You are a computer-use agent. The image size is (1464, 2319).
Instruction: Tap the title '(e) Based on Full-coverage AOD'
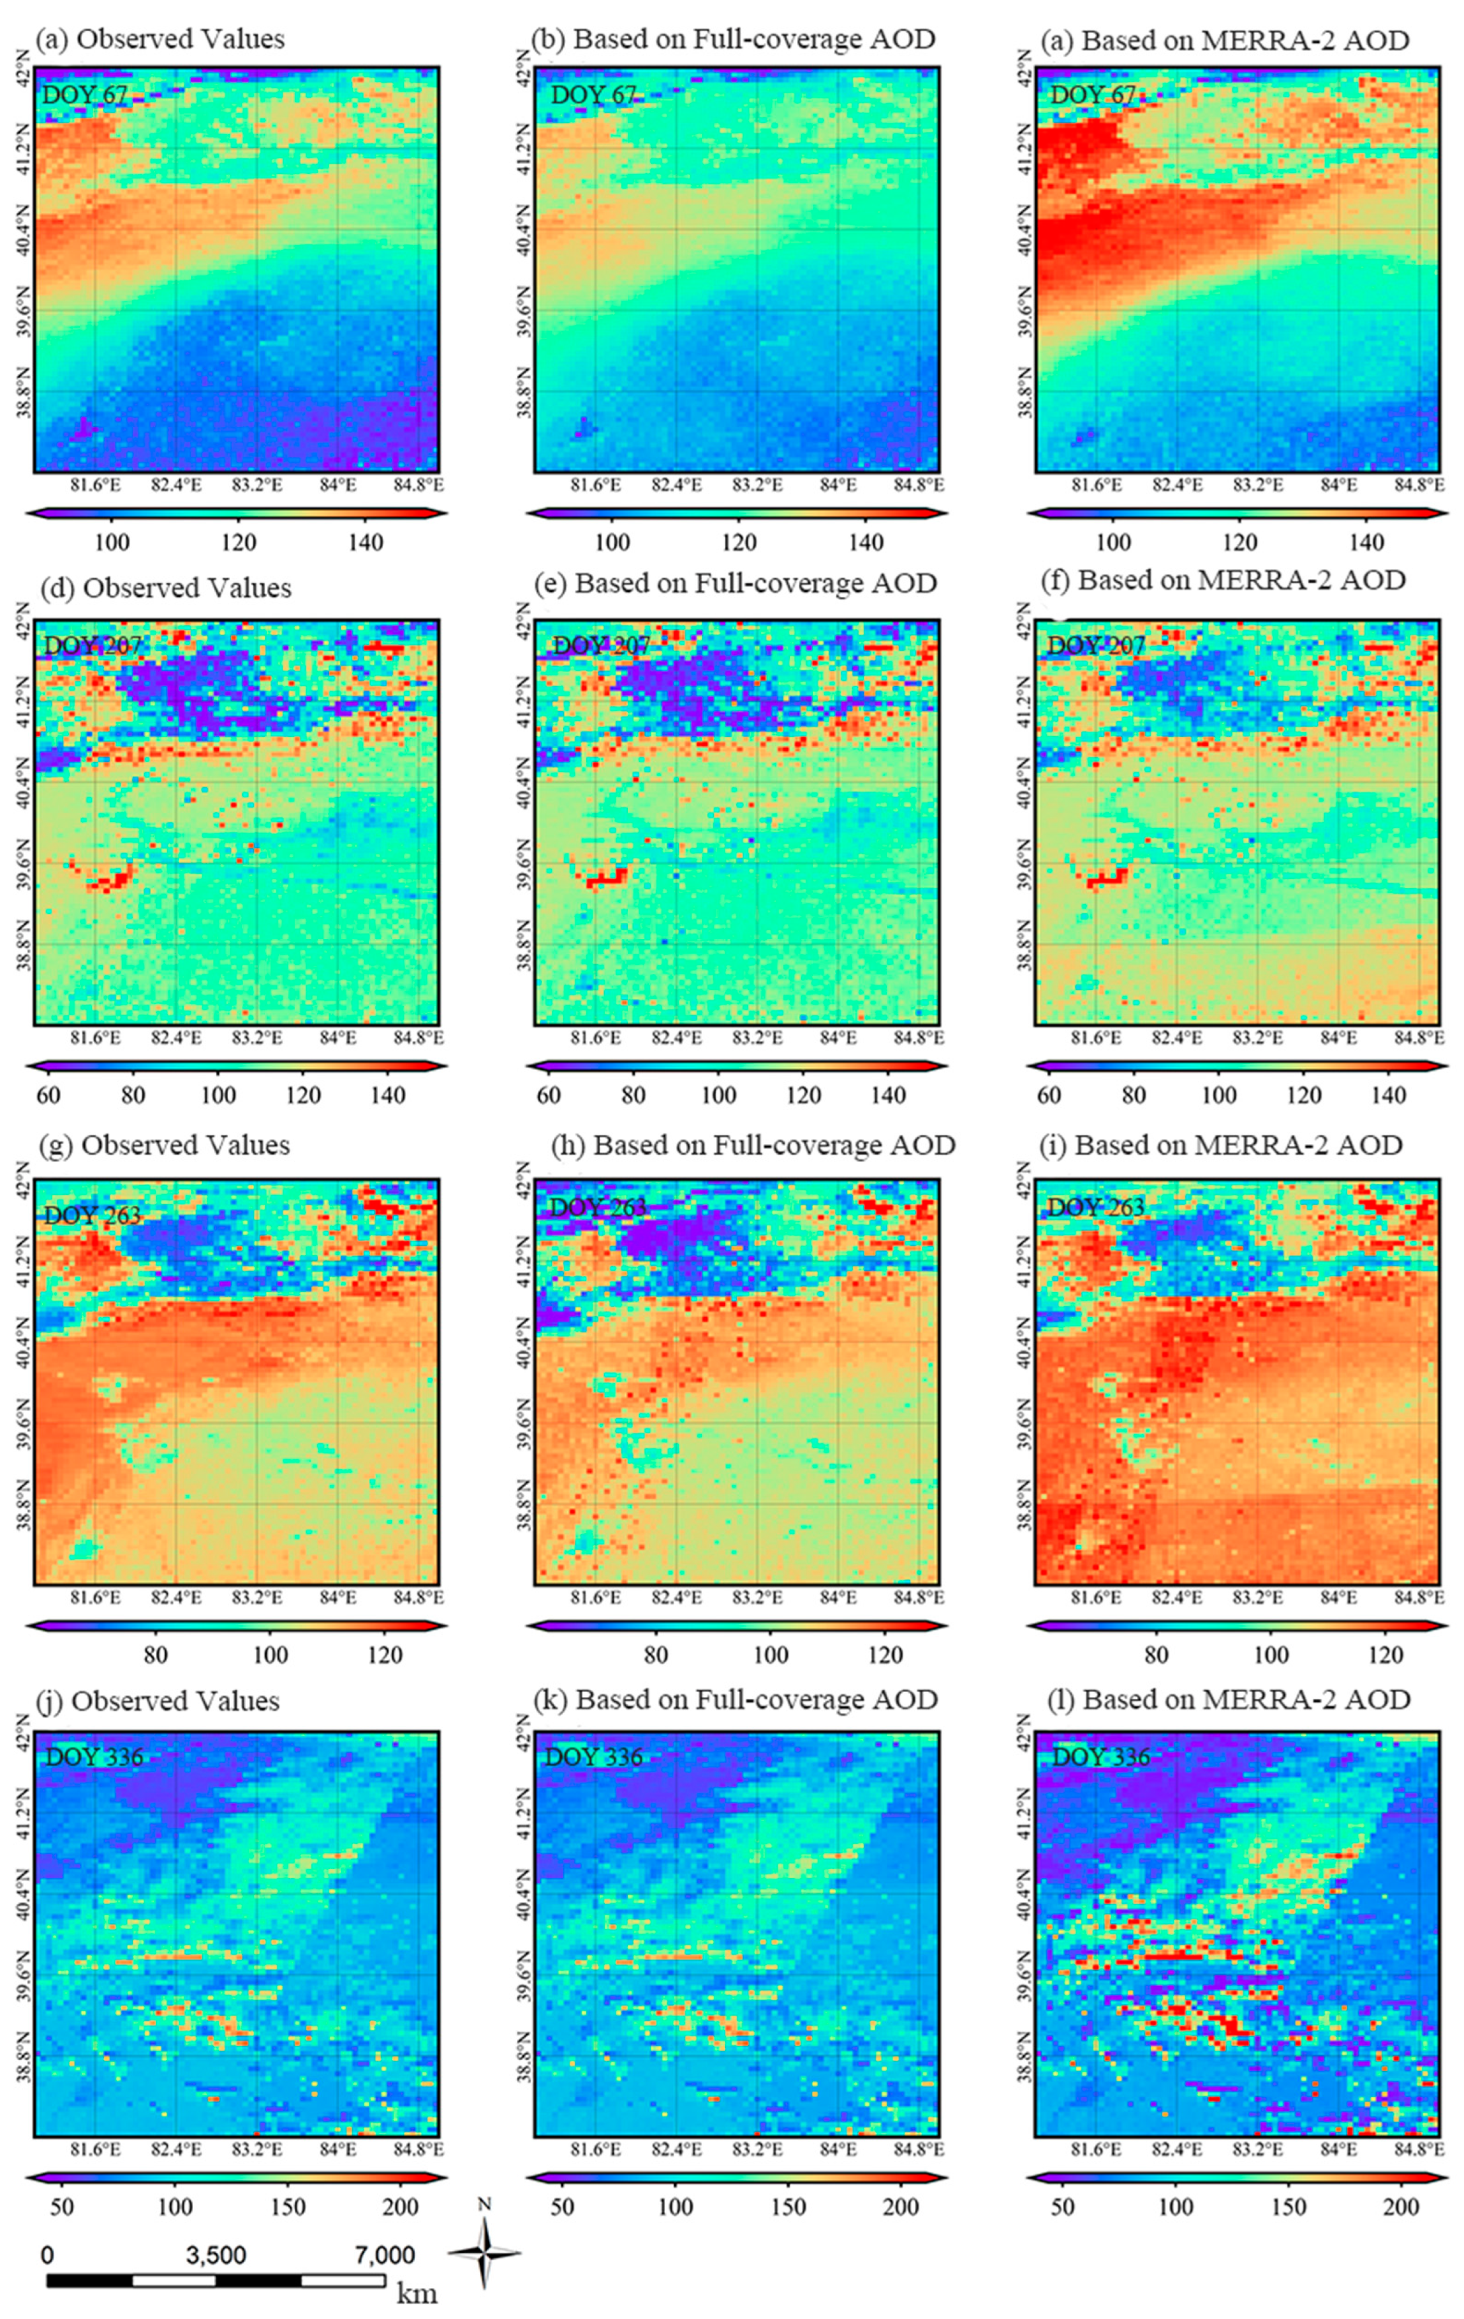pyautogui.click(x=742, y=583)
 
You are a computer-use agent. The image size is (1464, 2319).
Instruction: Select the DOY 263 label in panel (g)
pyautogui.click(x=93, y=1215)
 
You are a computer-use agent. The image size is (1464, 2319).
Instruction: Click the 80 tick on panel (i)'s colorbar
pyautogui.click(x=1156, y=1655)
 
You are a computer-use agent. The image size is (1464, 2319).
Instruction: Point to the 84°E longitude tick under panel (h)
pyautogui.click(x=837, y=1598)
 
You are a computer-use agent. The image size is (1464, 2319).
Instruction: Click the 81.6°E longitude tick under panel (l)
pyautogui.click(x=1095, y=2148)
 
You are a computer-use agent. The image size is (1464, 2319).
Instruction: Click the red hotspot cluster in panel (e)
pyautogui.click(x=607, y=878)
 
